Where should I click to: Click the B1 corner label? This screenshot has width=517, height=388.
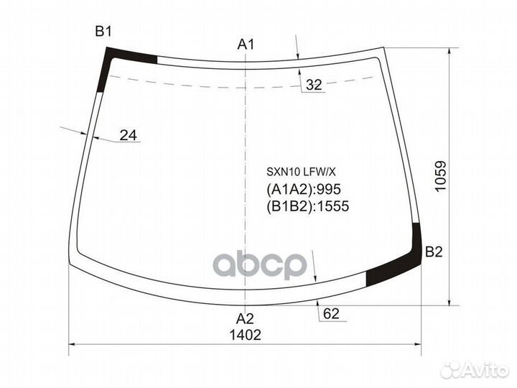[x=103, y=32]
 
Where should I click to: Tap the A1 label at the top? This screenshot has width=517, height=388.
[x=246, y=45]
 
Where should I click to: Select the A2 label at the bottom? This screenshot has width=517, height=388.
[x=245, y=319]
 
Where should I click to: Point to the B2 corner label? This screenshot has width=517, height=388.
[x=434, y=252]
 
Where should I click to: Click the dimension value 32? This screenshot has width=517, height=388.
[x=314, y=85]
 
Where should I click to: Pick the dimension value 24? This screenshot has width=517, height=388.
[x=129, y=135]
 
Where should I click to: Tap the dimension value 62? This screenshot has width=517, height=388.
[x=331, y=313]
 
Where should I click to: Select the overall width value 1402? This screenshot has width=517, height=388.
[x=245, y=335]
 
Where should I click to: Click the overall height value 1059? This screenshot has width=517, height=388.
[x=441, y=176]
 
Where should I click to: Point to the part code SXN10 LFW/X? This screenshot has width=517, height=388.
[x=301, y=172]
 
